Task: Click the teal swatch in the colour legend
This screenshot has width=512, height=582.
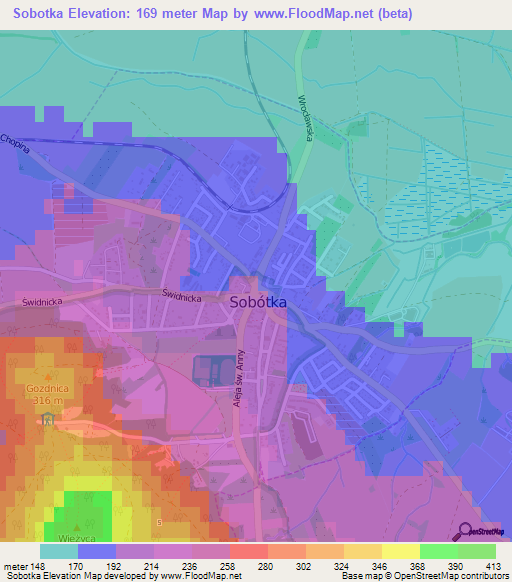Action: coord(59,551)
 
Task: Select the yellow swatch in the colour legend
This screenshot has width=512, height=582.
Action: coord(400,551)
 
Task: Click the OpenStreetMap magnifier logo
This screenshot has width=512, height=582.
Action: coord(468,531)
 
